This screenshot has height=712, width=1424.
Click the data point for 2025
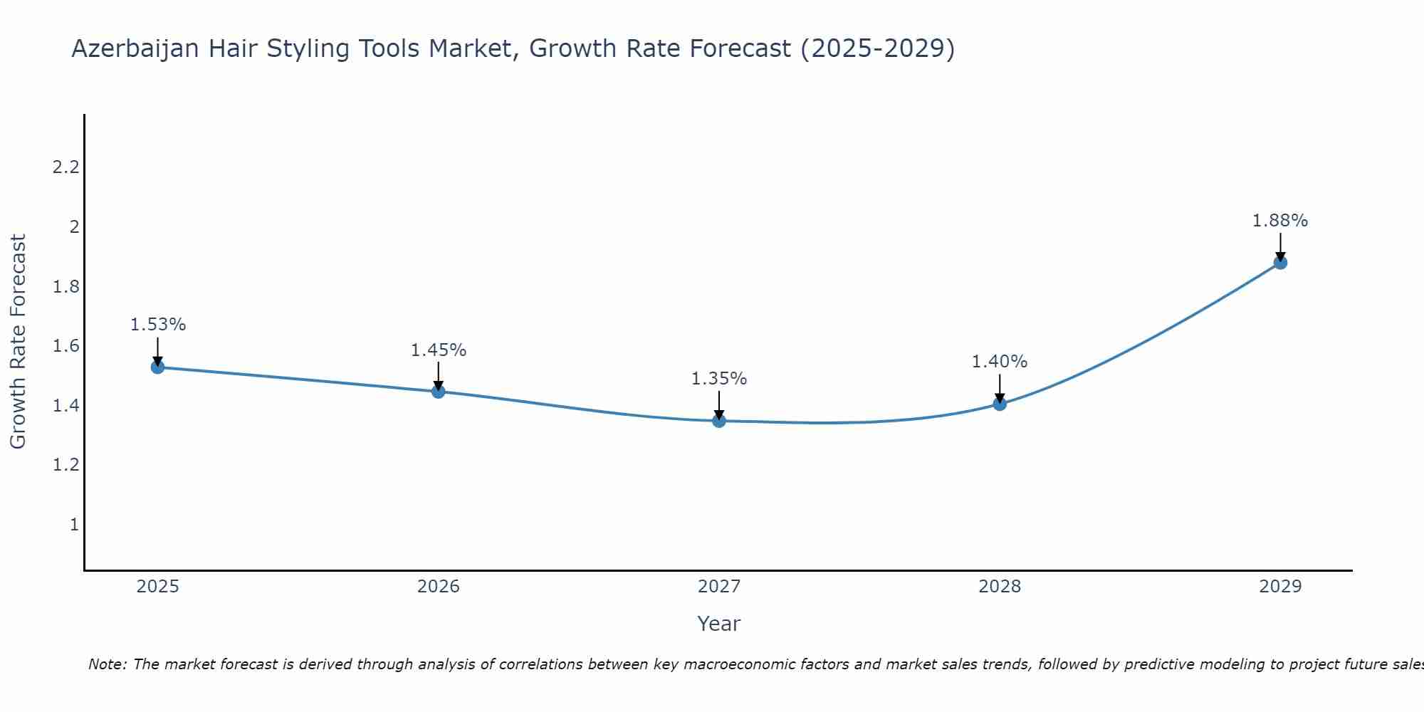[157, 367]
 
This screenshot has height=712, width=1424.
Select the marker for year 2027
[719, 421]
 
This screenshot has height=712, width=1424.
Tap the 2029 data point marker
[1280, 263]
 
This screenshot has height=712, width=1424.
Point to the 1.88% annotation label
[1280, 221]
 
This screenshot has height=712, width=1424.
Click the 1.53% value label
[157, 325]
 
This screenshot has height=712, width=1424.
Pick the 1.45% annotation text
[438, 350]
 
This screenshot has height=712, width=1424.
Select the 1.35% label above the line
[719, 379]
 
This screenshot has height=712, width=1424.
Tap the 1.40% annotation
[1000, 362]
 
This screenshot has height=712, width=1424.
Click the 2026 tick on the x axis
[438, 587]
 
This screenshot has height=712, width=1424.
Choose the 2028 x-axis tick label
[1000, 587]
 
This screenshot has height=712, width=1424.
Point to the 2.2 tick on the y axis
[66, 167]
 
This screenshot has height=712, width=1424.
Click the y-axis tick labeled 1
[74, 525]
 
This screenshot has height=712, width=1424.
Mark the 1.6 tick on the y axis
[66, 346]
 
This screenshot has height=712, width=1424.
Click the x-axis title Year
[719, 624]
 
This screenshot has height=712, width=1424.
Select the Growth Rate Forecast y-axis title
[18, 342]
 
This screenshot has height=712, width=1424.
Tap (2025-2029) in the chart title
[877, 49]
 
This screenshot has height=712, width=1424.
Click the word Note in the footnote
[107, 664]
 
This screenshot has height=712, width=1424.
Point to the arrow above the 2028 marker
[1000, 388]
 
